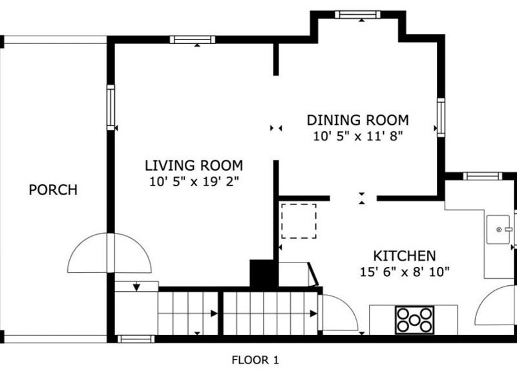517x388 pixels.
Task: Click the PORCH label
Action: [53, 190]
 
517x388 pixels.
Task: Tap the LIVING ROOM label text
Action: [194, 166]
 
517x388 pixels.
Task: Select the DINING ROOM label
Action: [358, 120]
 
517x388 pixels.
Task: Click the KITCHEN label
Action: [405, 256]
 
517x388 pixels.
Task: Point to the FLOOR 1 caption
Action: [255, 360]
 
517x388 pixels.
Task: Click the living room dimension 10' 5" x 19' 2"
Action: [194, 182]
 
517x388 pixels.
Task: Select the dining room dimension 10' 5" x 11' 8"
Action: [358, 136]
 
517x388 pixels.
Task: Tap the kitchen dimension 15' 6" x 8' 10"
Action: [405, 272]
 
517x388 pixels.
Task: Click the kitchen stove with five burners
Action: [415, 319]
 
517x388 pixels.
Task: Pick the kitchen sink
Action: [498, 230]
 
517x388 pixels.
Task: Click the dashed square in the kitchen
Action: [299, 221]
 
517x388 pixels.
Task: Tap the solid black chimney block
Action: [262, 273]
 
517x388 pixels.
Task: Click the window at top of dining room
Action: [357, 14]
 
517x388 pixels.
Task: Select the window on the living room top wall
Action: [193, 40]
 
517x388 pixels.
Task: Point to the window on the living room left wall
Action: [111, 107]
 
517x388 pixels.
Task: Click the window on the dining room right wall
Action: [441, 118]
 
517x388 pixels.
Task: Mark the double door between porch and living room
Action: [109, 253]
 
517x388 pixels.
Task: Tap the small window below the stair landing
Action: [136, 339]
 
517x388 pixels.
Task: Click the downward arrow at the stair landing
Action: [136, 287]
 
